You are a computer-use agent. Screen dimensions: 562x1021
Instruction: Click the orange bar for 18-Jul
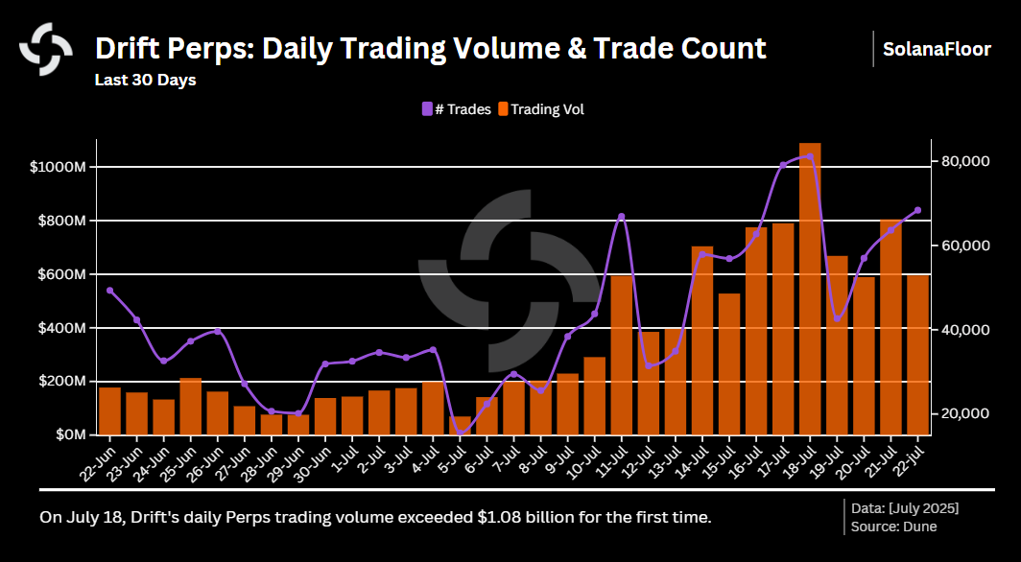[810, 288]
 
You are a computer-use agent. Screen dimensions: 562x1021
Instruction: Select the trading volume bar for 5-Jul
[461, 426]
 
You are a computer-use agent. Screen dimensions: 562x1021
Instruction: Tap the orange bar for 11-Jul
[622, 355]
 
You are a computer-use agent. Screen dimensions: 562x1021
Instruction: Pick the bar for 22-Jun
[110, 410]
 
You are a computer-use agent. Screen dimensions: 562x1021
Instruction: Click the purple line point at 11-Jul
[622, 217]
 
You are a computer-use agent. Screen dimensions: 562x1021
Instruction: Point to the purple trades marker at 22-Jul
[917, 210]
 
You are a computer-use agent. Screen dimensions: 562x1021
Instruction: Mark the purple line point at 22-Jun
[110, 290]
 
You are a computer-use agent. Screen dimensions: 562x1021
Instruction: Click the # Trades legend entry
[457, 109]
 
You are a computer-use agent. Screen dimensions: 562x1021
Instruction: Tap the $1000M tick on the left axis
[59, 167]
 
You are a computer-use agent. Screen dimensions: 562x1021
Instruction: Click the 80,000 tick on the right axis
[964, 161]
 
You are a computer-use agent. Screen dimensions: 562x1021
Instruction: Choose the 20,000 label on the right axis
[964, 413]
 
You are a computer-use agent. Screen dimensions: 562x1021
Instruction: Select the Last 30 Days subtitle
[145, 80]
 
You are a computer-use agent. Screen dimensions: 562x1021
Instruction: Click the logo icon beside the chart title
[46, 48]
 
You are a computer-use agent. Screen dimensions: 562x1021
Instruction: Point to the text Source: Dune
[892, 526]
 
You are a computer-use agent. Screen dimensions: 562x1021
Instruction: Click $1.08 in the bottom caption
[499, 517]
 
